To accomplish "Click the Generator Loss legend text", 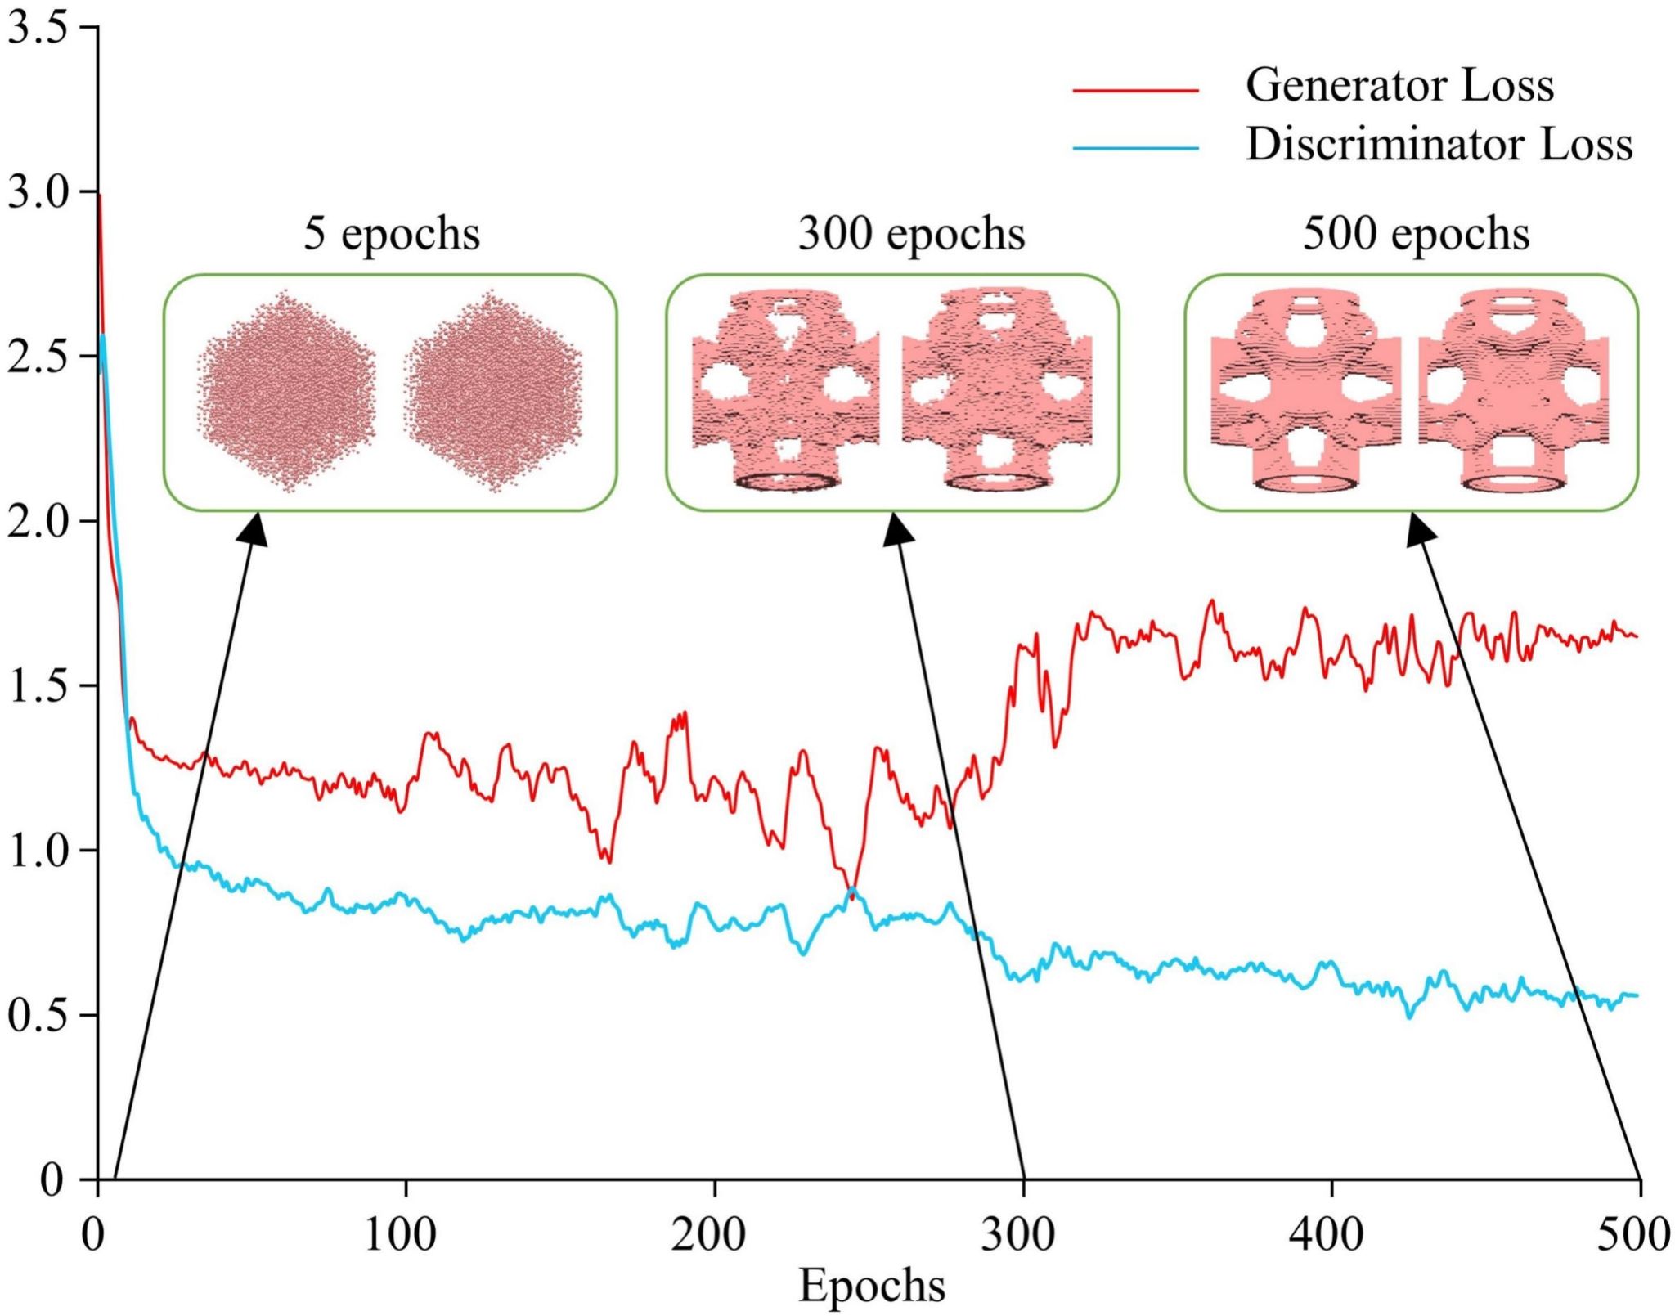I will coord(1399,85).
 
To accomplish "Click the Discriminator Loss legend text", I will coord(1439,145).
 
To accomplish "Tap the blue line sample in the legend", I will coord(1135,149).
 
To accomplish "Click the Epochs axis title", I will coord(872,1285).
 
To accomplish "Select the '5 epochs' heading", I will coord(392,234).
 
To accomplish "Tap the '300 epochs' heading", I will coord(911,234).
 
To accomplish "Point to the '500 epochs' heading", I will coord(1416,234).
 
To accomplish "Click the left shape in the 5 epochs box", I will coord(286,390).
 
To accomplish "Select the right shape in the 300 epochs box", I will coord(997,390).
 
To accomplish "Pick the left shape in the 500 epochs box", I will coord(1305,390).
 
